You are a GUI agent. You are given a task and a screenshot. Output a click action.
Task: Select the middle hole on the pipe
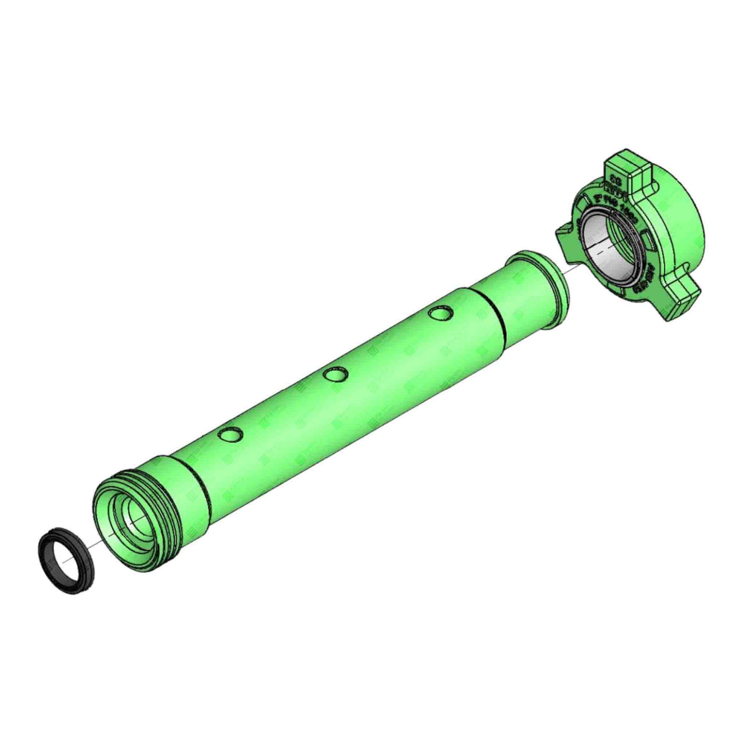click(x=335, y=374)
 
